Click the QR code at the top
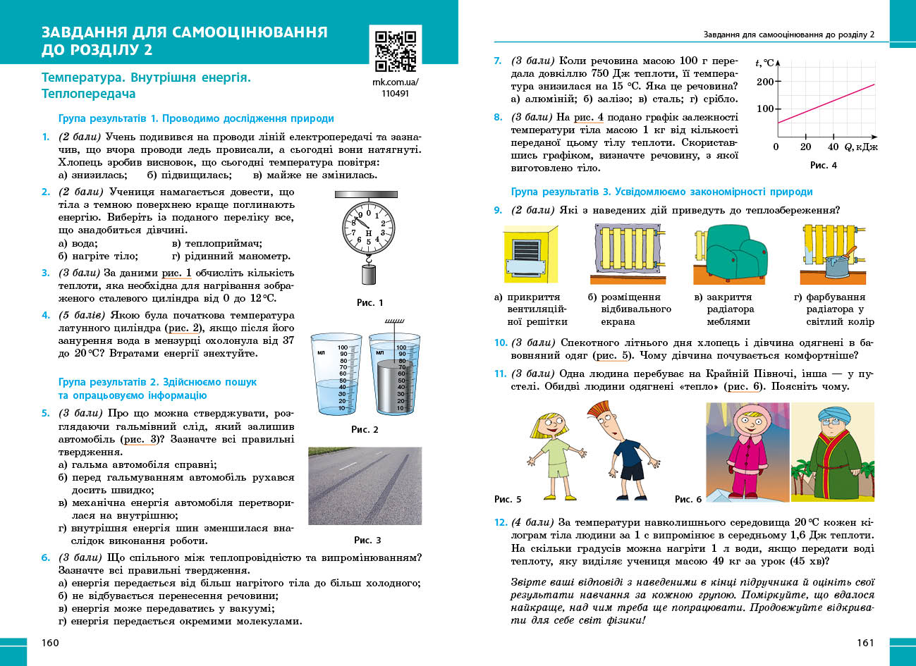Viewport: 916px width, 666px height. [x=395, y=51]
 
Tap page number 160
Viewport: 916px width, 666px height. [x=51, y=642]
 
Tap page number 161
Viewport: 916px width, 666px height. [x=865, y=642]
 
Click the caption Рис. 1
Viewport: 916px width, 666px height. [x=370, y=302]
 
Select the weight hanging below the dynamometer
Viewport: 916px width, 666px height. [x=369, y=274]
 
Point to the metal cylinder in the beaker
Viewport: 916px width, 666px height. [x=391, y=387]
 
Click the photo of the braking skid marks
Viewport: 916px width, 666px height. [x=365, y=486]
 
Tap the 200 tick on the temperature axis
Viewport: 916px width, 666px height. [x=766, y=82]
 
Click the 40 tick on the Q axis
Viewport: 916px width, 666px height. [x=833, y=147]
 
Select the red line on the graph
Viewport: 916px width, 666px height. [x=825, y=103]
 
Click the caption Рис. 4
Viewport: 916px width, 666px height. [x=823, y=165]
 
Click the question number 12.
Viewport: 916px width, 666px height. [x=500, y=522]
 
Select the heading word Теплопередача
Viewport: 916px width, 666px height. [x=88, y=94]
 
